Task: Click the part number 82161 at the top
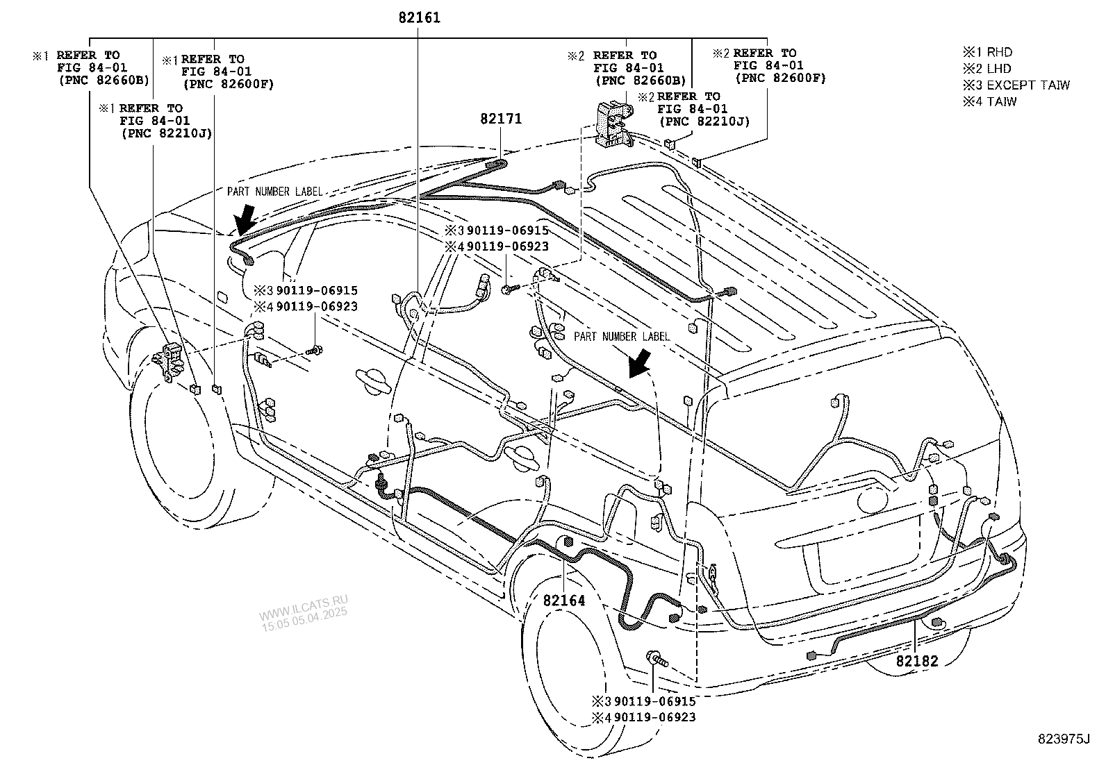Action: (x=420, y=18)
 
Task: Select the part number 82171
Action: (x=500, y=119)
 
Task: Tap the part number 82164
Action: (x=564, y=601)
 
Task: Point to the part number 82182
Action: (x=916, y=661)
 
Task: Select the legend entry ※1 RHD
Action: (x=987, y=52)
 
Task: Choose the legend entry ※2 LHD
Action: (x=987, y=69)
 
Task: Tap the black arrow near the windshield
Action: (x=245, y=219)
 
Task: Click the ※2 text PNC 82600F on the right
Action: (x=780, y=78)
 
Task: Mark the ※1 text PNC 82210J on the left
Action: (x=166, y=133)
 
